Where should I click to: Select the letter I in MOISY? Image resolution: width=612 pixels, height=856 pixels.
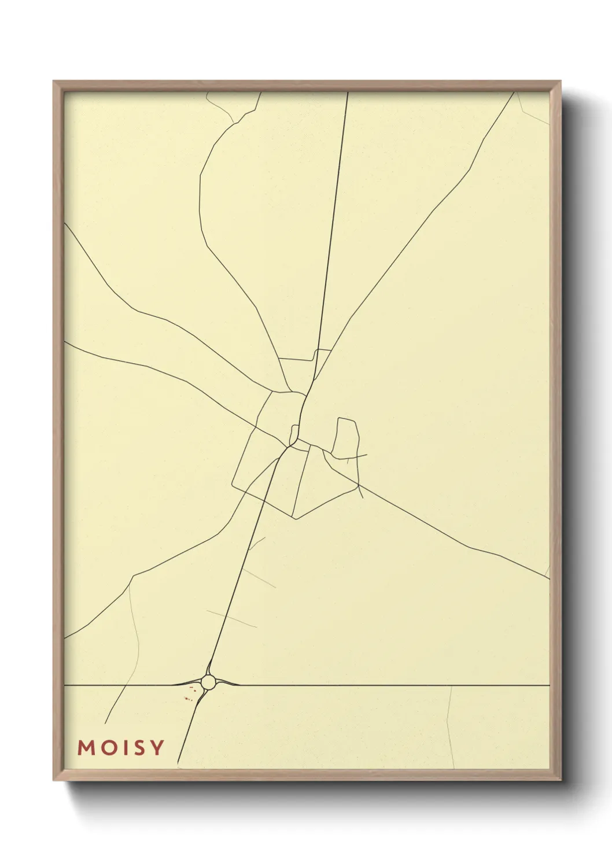pyautogui.click(x=123, y=748)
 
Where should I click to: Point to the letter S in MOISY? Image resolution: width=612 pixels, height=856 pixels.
pyautogui.click(x=137, y=748)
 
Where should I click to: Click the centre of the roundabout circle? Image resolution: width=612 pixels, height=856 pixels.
pyautogui.click(x=208, y=682)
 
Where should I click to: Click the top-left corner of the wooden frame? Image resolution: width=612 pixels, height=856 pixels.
pyautogui.click(x=54, y=82)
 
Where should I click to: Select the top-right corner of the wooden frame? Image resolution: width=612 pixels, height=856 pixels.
pyautogui.click(x=561, y=82)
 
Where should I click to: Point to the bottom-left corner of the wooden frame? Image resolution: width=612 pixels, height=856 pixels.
pyautogui.click(x=54, y=780)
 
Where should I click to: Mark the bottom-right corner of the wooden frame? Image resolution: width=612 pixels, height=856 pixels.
pyautogui.click(x=561, y=780)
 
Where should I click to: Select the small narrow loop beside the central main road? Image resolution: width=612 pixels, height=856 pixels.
pyautogui.click(x=294, y=434)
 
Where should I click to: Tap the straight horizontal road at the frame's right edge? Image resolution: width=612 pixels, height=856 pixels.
pyautogui.click(x=544, y=685)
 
